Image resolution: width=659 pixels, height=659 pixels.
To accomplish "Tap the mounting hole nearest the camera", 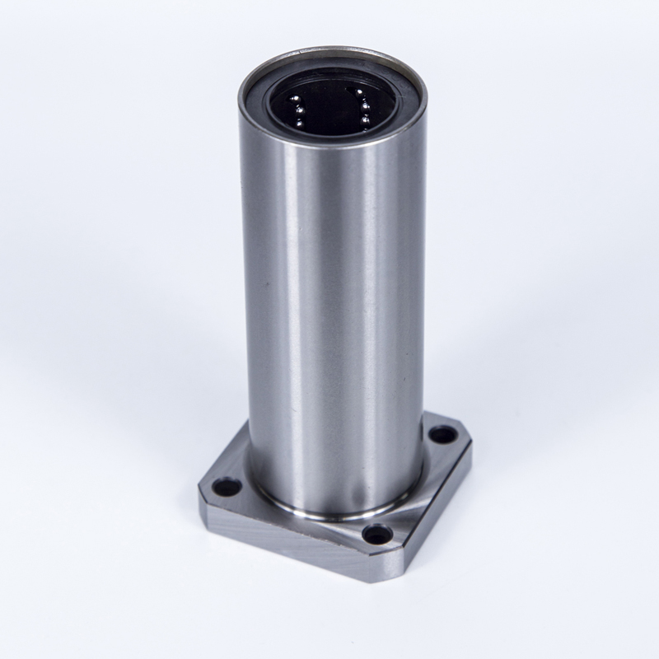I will (x=378, y=534).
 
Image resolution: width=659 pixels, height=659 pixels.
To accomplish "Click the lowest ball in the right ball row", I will (x=363, y=120).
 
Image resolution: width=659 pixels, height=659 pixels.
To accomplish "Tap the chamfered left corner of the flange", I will (x=202, y=494).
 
